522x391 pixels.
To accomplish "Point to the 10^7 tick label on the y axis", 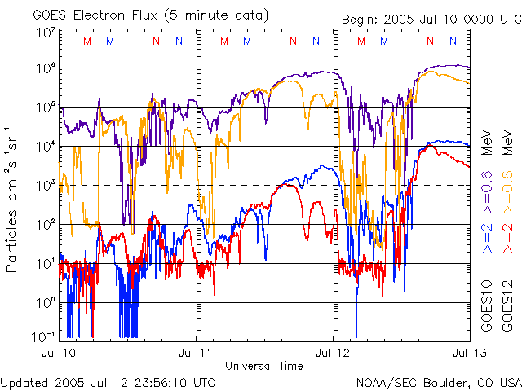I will click(x=45, y=33).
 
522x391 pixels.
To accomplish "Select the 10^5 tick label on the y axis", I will click(x=45, y=108).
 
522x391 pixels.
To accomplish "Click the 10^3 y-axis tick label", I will click(x=45, y=186).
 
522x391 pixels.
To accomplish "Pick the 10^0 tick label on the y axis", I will click(x=45, y=303).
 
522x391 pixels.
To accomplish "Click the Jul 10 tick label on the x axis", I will click(x=58, y=353).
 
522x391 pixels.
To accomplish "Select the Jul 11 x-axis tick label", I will click(x=196, y=353).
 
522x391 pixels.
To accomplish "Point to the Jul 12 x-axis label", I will click(x=333, y=353).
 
